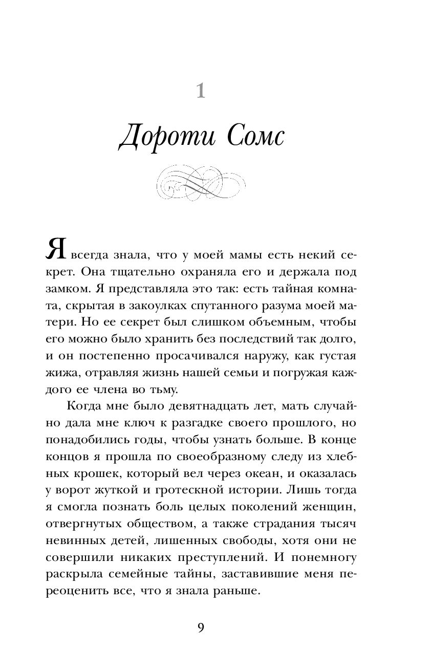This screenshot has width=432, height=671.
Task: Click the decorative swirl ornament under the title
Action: point(201,183)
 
